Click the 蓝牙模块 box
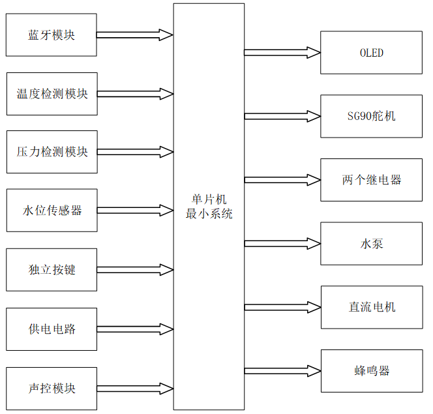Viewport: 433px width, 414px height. pos(52,35)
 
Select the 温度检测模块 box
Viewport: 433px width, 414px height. pos(52,94)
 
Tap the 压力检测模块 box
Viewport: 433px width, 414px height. pos(52,152)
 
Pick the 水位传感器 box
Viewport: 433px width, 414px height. pos(52,211)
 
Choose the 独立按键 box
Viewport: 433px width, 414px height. pos(52,269)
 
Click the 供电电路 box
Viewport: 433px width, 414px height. pos(52,329)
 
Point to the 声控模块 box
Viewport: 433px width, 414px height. pos(52,389)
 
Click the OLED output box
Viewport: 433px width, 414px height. pos(371,53)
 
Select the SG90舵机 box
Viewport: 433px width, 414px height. pos(371,116)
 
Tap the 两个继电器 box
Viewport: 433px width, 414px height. pos(371,180)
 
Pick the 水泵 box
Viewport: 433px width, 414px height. pos(371,243)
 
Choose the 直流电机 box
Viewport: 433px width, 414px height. pos(371,307)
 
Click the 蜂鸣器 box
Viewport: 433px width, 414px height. pos(371,371)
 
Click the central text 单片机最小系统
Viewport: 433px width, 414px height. pos(209,207)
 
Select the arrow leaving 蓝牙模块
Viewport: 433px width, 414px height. pos(135,35)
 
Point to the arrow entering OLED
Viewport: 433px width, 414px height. pos(282,53)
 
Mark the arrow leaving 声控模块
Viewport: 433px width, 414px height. pos(135,389)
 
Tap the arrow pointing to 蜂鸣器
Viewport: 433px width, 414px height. pos(282,371)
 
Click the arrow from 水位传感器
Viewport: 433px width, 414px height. pos(135,211)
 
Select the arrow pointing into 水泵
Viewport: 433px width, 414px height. pos(282,243)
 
